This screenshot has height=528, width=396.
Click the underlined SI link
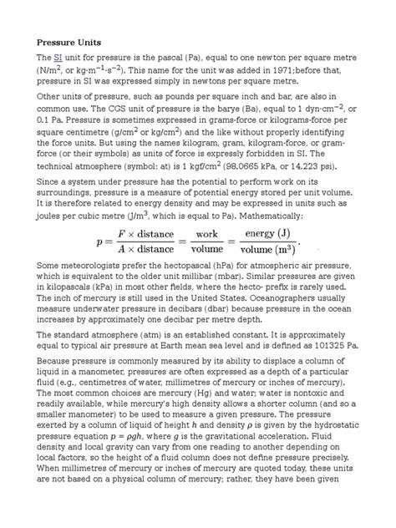pyautogui.click(x=58, y=57)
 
